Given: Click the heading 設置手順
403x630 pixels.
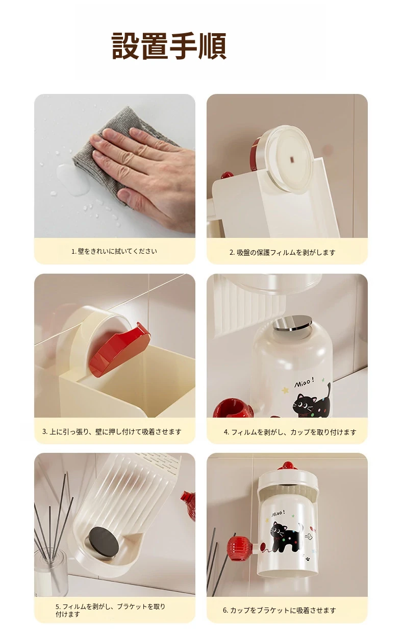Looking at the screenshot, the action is coord(169,45).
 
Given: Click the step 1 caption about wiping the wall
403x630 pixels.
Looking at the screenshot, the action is coord(114,251).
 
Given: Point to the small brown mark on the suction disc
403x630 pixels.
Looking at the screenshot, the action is coord(292,160).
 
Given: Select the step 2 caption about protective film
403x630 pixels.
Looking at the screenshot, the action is coord(283,252).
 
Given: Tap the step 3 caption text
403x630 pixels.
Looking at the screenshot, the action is coord(112,431).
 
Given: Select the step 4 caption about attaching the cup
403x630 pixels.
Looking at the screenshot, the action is coord(290,432).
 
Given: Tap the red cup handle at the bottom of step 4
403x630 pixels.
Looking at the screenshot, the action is coord(234,407).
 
